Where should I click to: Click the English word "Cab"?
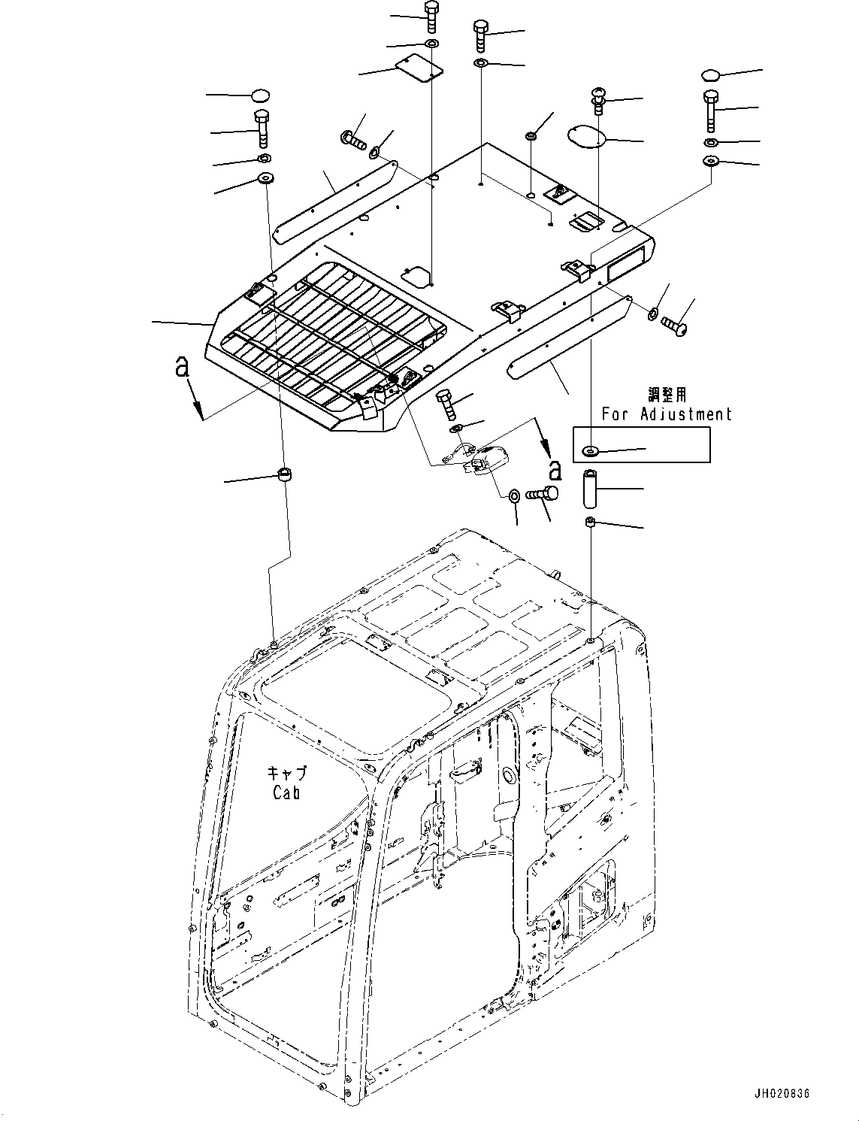pyautogui.click(x=286, y=792)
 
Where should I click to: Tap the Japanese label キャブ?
pyautogui.click(x=287, y=773)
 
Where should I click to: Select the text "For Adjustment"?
pyautogui.click(x=666, y=414)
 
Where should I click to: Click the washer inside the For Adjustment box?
pyautogui.click(x=589, y=451)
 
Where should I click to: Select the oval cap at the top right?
pyautogui.click(x=711, y=74)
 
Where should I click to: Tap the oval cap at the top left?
pyautogui.click(x=260, y=95)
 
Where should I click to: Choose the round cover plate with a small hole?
pyautogui.click(x=596, y=136)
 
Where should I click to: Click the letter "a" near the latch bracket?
pyautogui.click(x=554, y=469)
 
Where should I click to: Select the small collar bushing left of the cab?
pyautogui.click(x=286, y=475)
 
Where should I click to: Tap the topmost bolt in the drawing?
pyautogui.click(x=432, y=16)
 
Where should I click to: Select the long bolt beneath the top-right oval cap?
pyautogui.click(x=710, y=110)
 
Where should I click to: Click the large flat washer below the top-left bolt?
pyautogui.click(x=265, y=179)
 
